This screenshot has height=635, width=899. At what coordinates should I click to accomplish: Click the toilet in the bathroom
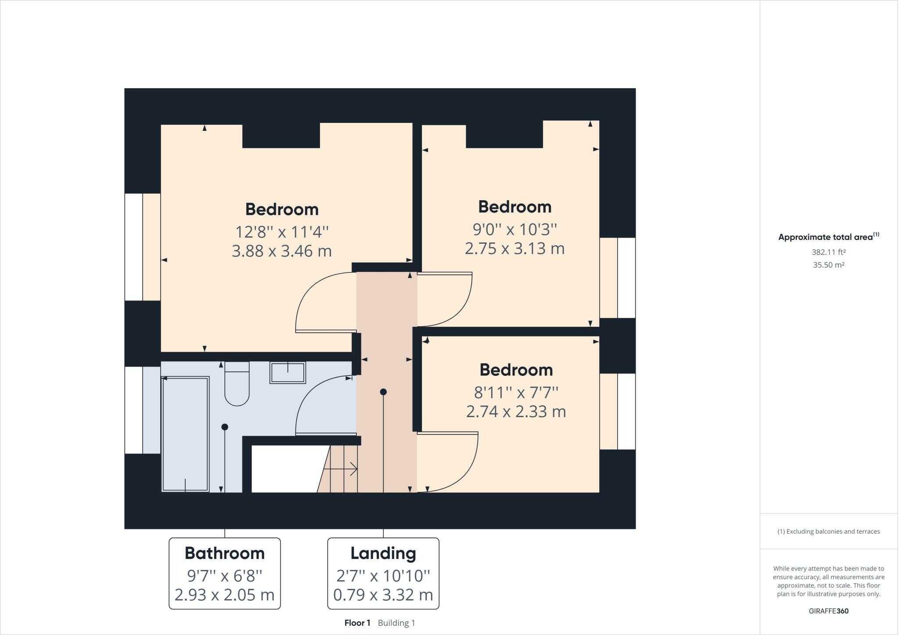tap(237, 386)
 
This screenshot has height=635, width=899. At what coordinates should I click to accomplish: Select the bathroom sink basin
tap(288, 373)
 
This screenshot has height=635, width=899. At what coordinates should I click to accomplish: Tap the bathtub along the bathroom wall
tap(185, 434)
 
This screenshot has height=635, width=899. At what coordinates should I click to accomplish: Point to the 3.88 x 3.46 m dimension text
tap(281, 251)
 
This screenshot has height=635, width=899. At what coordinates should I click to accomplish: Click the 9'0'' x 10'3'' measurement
tap(514, 229)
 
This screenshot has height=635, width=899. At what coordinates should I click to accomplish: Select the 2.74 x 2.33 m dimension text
tap(516, 411)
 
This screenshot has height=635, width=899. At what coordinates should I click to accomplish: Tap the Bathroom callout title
tap(224, 553)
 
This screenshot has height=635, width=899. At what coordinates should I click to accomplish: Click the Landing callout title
tap(383, 553)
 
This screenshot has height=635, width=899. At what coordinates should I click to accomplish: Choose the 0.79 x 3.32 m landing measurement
tap(383, 595)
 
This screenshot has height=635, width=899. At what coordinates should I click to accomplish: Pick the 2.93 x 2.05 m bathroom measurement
tap(224, 595)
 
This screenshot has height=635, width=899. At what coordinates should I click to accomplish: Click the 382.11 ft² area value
tap(828, 252)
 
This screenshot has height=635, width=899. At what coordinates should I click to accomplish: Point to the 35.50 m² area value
tap(828, 265)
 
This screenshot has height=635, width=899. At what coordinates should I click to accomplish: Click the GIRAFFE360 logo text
tap(828, 611)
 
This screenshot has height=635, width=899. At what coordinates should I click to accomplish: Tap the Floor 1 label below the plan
tap(357, 623)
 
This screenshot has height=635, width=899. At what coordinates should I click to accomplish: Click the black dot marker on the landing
tap(383, 392)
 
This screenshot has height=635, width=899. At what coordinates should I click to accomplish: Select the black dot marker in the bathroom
tap(225, 427)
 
